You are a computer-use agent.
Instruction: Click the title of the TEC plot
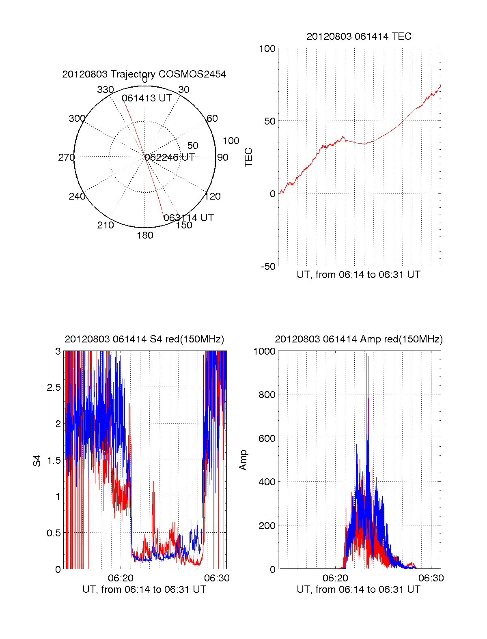359,37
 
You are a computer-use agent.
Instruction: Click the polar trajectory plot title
144,74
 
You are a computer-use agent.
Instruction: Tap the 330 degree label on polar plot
105,90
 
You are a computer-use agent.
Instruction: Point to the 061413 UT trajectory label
147,98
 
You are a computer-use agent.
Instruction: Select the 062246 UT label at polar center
170,157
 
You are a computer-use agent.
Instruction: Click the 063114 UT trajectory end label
189,218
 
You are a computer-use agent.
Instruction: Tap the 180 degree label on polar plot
145,235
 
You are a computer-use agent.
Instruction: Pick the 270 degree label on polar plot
66,157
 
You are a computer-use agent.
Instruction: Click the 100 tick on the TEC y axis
267,49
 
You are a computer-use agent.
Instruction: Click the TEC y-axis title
249,157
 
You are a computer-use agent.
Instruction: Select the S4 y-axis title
37,460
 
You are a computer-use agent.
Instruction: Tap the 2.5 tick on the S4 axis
54,387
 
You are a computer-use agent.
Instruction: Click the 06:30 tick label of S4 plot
217,578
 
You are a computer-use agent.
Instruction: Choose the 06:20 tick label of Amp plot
335,578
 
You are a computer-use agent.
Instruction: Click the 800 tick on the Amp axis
267,395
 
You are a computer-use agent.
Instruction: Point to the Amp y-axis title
243,460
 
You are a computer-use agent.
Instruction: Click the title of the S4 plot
144,339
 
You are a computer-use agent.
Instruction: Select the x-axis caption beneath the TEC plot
358,275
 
